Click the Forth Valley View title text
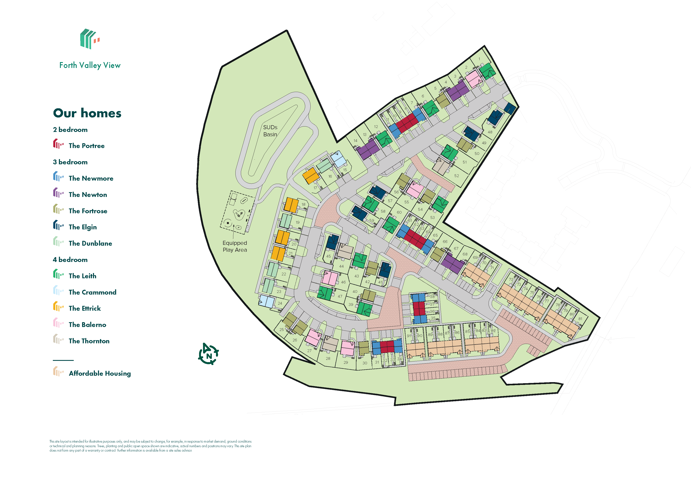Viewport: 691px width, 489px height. [x=90, y=65]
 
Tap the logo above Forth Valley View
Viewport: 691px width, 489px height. [x=90, y=39]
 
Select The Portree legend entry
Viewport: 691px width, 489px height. [x=86, y=146]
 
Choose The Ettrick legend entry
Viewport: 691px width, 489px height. [x=85, y=308]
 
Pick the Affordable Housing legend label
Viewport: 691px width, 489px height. [x=100, y=373]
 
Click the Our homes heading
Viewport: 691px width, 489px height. [x=87, y=113]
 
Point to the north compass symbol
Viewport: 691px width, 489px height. [x=208, y=354]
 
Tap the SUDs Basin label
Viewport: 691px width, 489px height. [x=270, y=131]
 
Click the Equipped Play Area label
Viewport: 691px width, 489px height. [x=235, y=246]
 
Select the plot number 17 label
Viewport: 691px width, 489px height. [x=315, y=188]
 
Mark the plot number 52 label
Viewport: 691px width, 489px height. [x=457, y=176]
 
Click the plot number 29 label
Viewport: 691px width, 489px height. [x=345, y=363]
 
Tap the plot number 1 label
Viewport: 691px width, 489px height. [x=479, y=59]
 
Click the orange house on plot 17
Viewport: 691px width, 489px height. [x=310, y=175]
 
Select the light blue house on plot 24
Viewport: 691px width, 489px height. [x=266, y=301]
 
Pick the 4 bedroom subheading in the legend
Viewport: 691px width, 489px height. [x=70, y=260]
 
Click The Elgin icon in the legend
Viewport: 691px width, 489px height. [x=58, y=225]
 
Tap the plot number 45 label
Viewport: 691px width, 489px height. [x=328, y=256]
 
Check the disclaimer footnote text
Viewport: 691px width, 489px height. [x=150, y=446]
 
